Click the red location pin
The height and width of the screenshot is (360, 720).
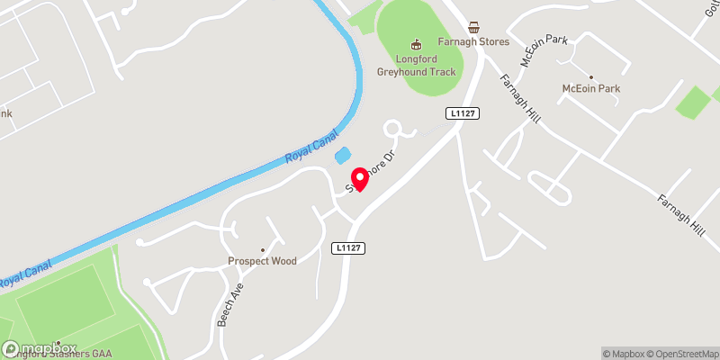(x=359, y=179)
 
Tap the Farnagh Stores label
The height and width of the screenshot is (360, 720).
(x=475, y=42)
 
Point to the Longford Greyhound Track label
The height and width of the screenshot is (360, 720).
(x=417, y=65)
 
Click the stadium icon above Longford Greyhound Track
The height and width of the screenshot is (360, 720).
(x=416, y=42)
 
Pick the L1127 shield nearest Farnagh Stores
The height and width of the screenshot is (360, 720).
(x=460, y=113)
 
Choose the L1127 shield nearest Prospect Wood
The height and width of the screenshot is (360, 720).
(x=348, y=247)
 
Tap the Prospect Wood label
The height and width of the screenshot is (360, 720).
(x=261, y=262)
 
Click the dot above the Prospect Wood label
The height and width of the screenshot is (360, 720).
(x=263, y=250)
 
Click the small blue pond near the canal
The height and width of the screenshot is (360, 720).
(x=343, y=156)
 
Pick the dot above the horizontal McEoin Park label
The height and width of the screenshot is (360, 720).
(x=591, y=77)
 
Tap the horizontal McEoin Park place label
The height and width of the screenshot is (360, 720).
(x=591, y=89)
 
